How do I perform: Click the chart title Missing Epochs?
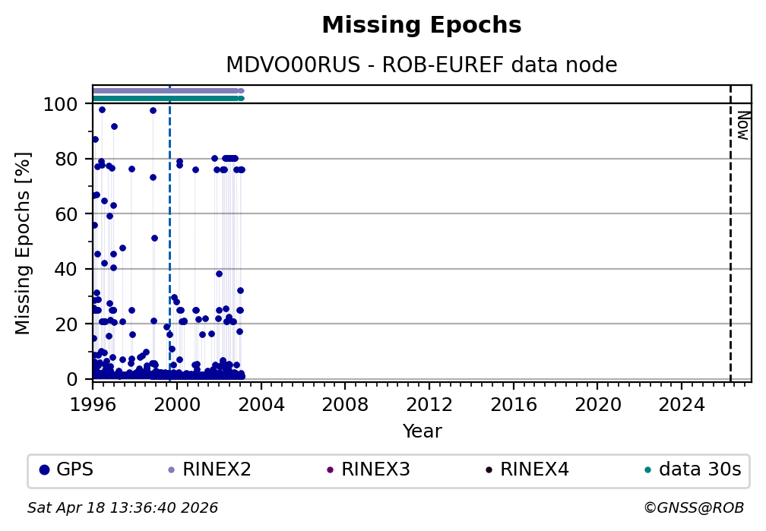[422, 26]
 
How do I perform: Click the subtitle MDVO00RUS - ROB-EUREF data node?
[422, 65]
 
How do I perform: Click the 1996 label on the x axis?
[93, 403]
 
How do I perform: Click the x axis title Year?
[422, 431]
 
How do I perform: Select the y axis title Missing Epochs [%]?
[24, 242]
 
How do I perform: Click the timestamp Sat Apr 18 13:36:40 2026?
[123, 507]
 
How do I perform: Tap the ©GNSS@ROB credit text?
[693, 507]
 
